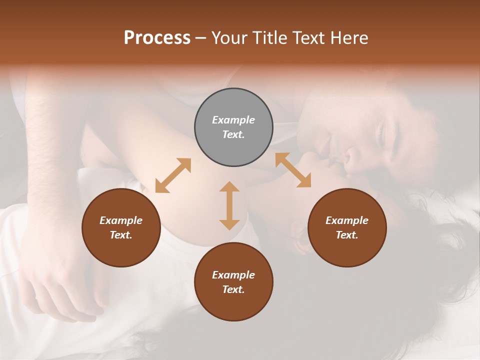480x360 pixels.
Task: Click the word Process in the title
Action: tap(157, 38)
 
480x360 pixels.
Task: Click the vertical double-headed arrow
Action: tap(229, 205)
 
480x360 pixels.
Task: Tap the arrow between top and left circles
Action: tap(173, 175)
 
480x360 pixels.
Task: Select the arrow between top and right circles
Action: tap(293, 170)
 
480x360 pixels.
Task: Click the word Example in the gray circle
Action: tap(233, 120)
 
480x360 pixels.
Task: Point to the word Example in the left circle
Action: tap(121, 220)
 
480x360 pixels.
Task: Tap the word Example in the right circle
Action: tap(347, 220)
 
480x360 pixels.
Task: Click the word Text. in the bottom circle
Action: tap(233, 289)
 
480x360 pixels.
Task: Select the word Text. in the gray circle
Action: tap(233, 134)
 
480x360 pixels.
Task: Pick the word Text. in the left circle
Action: tap(121, 235)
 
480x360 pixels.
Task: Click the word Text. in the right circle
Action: tap(347, 235)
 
